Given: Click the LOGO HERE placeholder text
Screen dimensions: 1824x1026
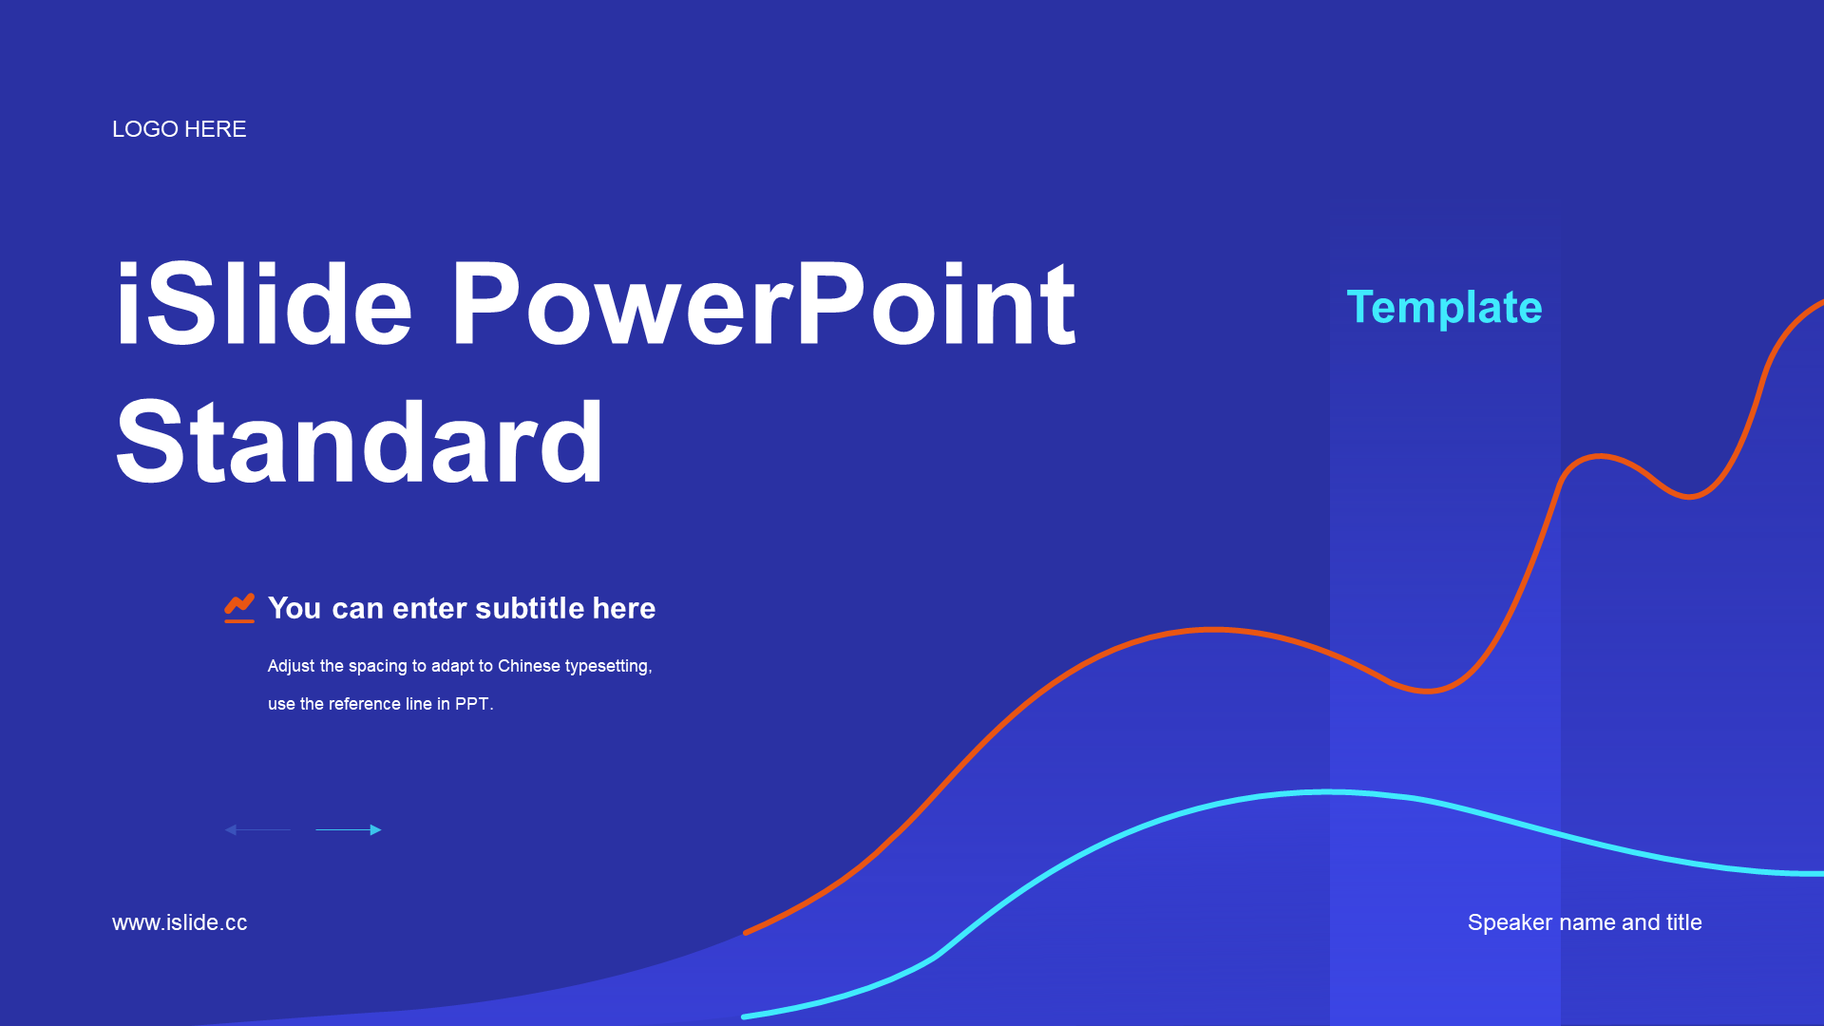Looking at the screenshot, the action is click(179, 129).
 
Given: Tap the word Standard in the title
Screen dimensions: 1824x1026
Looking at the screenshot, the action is click(359, 442).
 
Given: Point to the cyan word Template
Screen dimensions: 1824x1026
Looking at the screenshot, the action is click(1444, 308).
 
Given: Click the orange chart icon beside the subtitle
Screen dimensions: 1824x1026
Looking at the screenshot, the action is click(239, 608).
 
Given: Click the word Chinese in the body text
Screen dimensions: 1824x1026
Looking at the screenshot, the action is click(529, 666).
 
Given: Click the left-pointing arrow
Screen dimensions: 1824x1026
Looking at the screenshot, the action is click(258, 829).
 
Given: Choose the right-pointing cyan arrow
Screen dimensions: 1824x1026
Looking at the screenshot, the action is click(349, 829).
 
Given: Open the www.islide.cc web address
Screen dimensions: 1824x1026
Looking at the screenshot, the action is click(180, 922).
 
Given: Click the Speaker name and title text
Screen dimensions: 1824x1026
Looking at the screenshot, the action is click(1585, 922).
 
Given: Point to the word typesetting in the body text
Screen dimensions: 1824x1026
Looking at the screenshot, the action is click(608, 667).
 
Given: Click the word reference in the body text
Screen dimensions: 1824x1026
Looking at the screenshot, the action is click(365, 704).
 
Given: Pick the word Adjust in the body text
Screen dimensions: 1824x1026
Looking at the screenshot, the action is click(291, 666).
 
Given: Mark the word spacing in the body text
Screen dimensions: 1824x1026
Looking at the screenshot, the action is click(378, 667).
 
